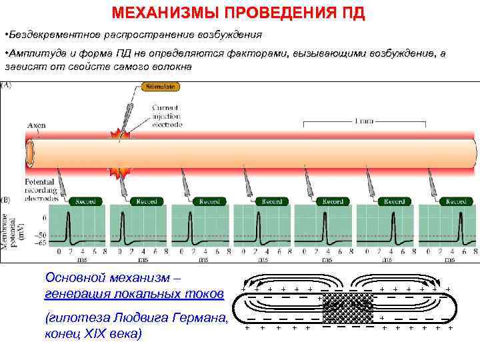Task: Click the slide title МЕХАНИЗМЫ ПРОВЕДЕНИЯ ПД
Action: pos(238,13)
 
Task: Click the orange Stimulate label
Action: pos(159,87)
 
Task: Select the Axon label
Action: pos(36,125)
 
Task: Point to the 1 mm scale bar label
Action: pos(363,121)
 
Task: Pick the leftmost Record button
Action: pos(85,201)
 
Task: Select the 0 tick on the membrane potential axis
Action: pos(44,217)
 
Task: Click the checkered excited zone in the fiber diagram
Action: pos(347,308)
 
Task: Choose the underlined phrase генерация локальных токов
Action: pos(134,293)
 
